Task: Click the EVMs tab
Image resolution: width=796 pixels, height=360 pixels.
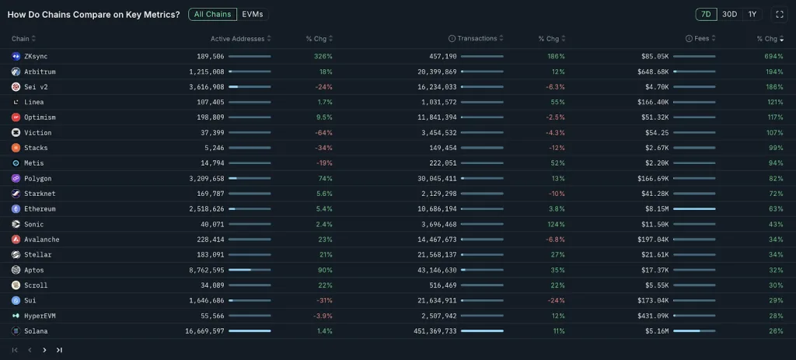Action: pos(252,14)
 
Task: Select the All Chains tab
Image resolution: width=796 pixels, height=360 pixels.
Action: pos(212,14)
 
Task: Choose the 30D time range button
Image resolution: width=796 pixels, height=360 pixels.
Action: pos(729,14)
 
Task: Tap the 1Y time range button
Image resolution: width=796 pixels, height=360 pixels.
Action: pos(752,14)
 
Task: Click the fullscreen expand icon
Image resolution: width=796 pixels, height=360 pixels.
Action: pos(779,14)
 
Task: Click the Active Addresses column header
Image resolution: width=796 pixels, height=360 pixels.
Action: pos(237,39)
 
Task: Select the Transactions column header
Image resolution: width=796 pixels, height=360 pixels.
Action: pos(477,39)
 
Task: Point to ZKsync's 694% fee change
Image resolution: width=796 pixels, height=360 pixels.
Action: pos(773,57)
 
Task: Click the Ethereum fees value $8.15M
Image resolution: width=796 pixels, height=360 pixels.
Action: pos(655,209)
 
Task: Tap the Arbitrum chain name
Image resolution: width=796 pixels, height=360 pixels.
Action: pos(40,72)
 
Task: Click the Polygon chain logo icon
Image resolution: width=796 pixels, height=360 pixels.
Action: pos(16,179)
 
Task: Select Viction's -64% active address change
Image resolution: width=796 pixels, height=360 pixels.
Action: pos(323,133)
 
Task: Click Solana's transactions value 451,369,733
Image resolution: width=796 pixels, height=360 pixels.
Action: pos(435,331)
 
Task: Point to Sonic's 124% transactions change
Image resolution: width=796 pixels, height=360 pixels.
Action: pos(555,225)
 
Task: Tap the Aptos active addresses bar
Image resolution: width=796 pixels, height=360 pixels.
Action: pos(250,270)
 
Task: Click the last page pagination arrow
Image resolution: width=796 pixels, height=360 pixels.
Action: pos(59,350)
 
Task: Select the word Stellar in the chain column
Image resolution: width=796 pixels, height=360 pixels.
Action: pos(37,255)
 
